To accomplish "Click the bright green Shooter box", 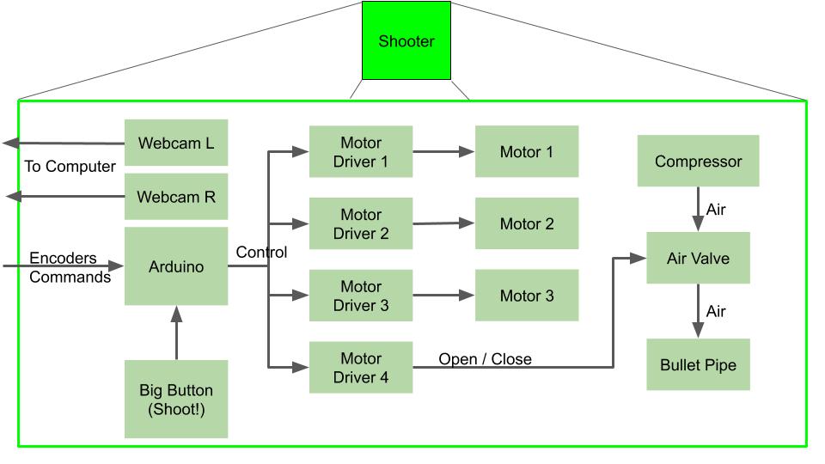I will (406, 40).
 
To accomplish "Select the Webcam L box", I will (176, 143).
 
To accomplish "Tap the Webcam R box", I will (176, 197).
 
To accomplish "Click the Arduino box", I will (176, 266).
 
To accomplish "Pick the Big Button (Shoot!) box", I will (176, 399).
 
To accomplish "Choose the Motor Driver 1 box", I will (361, 152).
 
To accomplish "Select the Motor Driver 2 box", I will (361, 223).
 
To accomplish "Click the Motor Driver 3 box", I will (361, 296).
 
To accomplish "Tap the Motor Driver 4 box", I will (361, 368).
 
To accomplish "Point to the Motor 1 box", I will (527, 152).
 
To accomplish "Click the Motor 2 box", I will (527, 223).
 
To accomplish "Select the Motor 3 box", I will (527, 296).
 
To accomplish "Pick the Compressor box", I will (698, 161).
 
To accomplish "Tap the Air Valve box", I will (698, 258).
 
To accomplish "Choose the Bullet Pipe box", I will (698, 364).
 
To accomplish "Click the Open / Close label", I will (485, 358).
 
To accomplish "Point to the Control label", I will (261, 252).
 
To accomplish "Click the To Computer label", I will (70, 166).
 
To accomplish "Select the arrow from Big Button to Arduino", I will (176, 333).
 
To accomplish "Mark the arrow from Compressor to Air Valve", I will (698, 210).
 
